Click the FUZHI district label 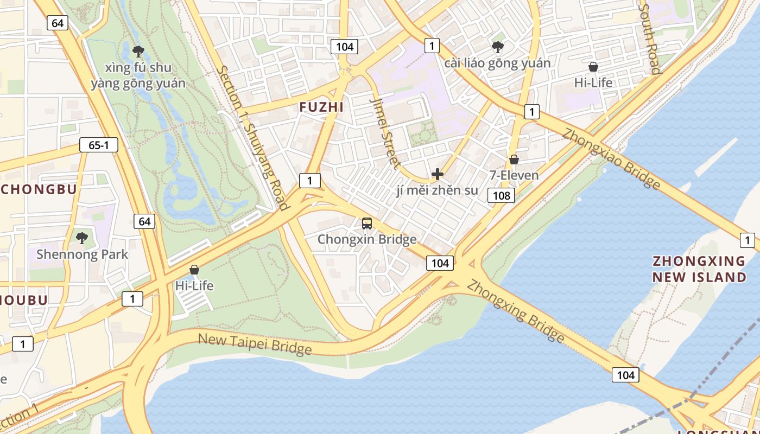[321, 107]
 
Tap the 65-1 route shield [98, 145]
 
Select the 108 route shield [501, 195]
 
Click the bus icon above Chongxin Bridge [367, 223]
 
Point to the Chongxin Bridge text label [367, 239]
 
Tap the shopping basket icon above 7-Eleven [514, 159]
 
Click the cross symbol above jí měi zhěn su [437, 174]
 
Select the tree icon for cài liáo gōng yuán [497, 47]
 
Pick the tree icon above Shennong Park [82, 238]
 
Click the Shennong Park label [82, 254]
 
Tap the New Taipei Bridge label [255, 344]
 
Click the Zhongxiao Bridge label [611, 158]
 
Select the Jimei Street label [386, 133]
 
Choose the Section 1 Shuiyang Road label [252, 137]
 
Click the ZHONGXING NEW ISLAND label [699, 269]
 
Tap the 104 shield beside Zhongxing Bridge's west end [440, 263]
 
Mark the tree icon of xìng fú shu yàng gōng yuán [138, 52]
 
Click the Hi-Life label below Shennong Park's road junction [194, 285]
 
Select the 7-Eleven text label [514, 175]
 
